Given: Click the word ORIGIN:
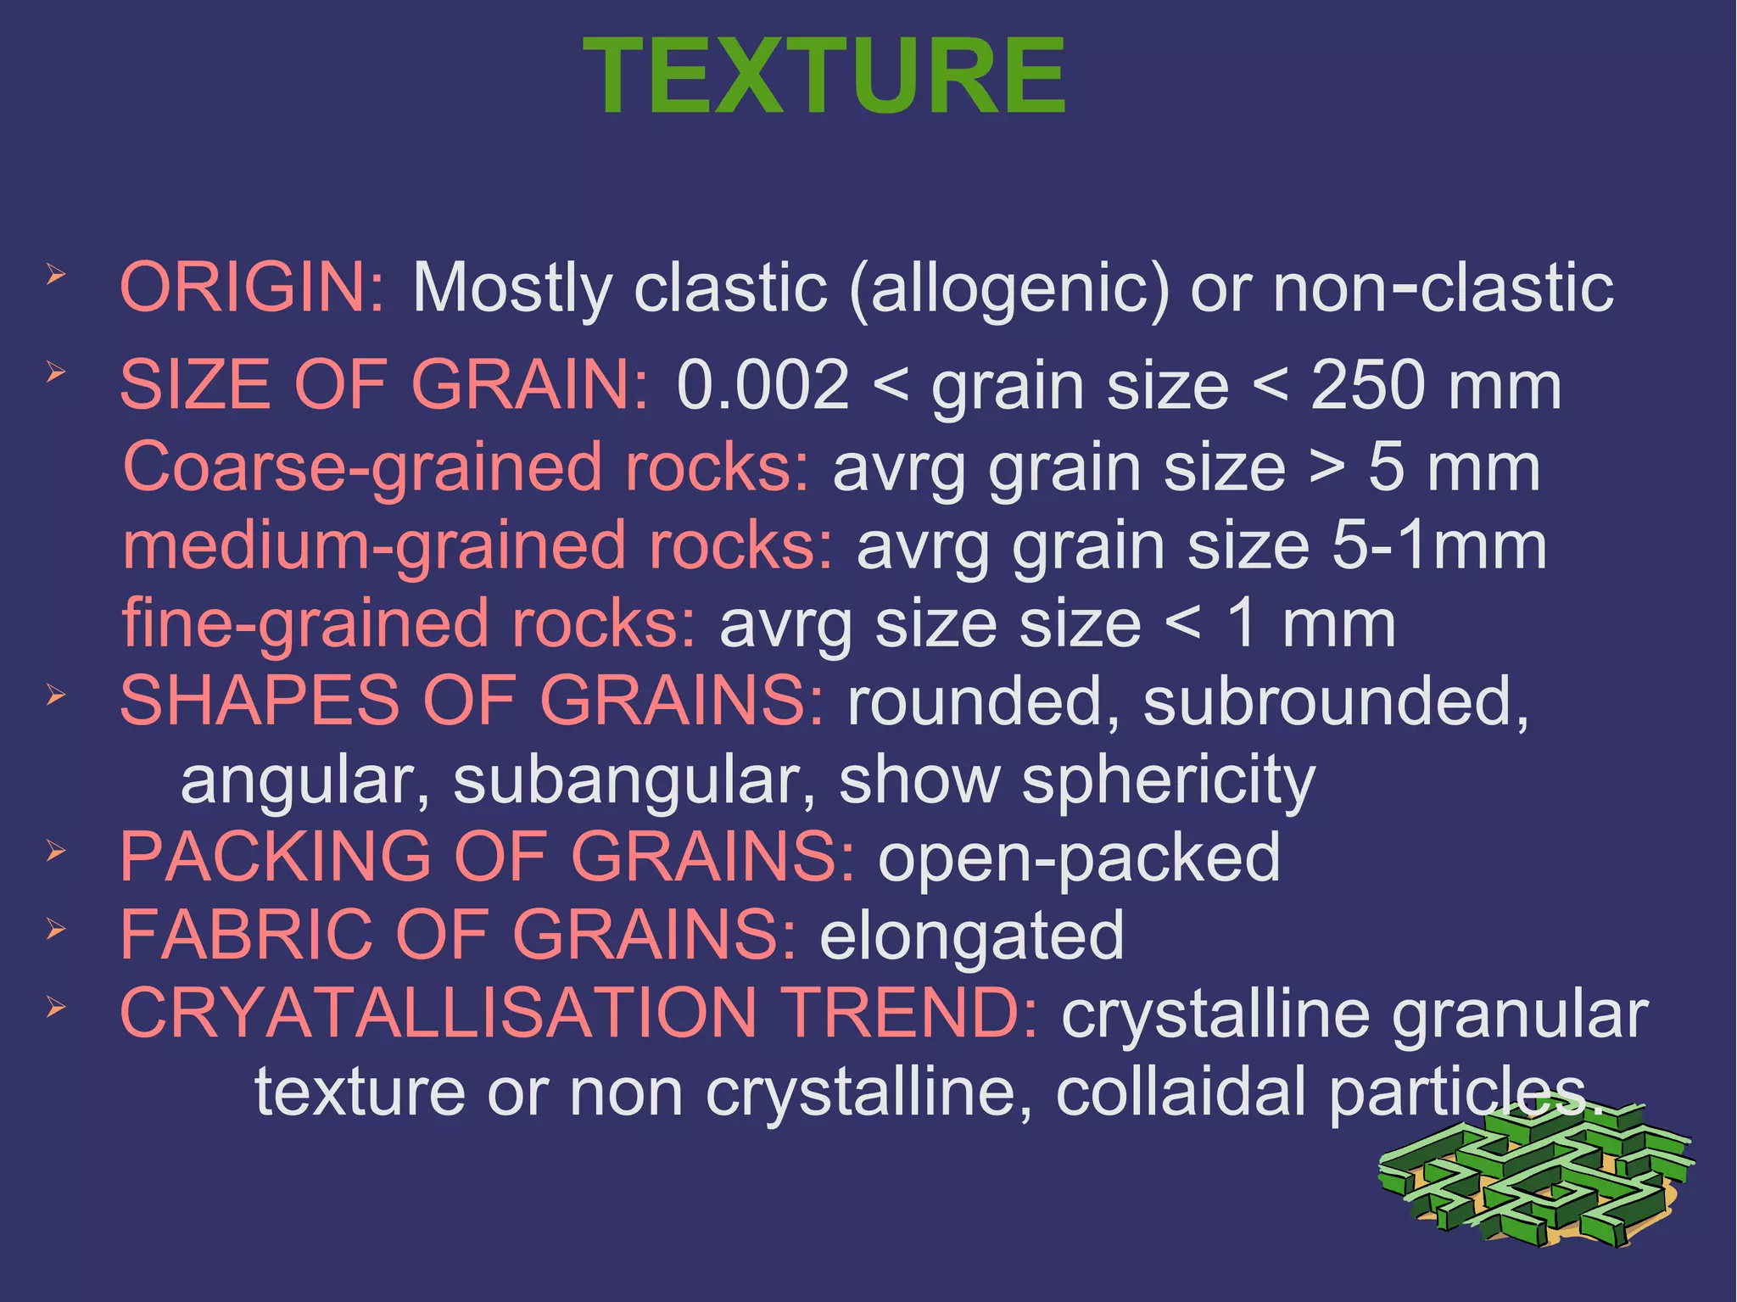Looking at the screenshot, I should pyautogui.click(x=253, y=288).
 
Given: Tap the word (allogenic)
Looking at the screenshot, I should pyautogui.click(x=1008, y=289).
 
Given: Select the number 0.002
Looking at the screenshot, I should pyautogui.click(x=762, y=385).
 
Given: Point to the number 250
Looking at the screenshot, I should pyautogui.click(x=1367, y=385).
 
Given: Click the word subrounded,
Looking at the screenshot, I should pyautogui.click(x=1336, y=702).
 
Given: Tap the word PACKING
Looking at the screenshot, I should pyautogui.click(x=276, y=857).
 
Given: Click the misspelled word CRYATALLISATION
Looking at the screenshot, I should pyautogui.click(x=438, y=1013).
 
